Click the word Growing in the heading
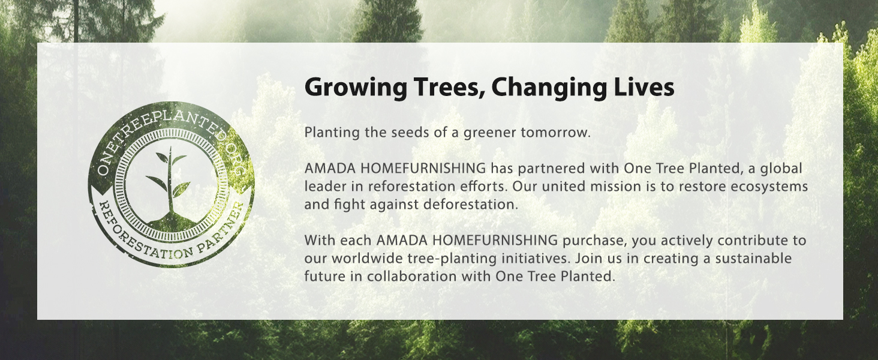356,88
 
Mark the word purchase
594,241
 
